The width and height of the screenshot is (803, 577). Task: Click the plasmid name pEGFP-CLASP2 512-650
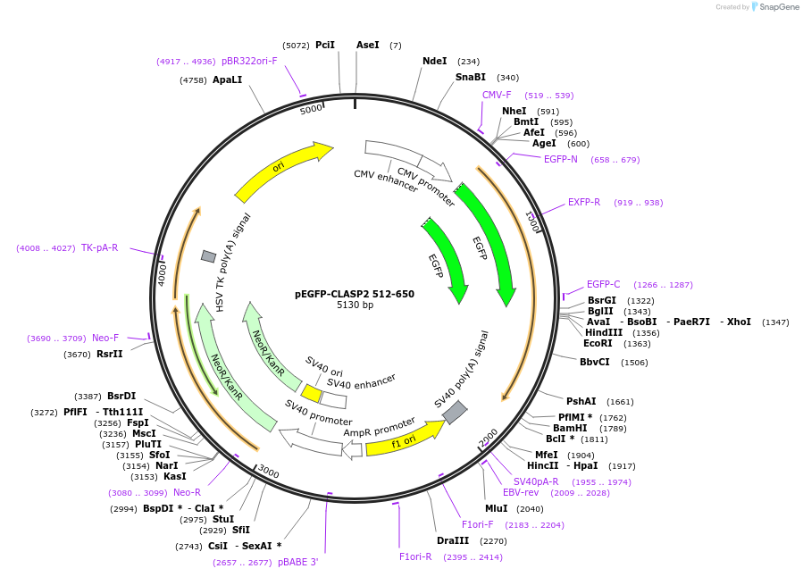coord(354,294)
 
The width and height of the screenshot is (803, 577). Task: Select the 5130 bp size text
coord(354,305)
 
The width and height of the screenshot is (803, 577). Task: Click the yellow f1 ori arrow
coord(404,439)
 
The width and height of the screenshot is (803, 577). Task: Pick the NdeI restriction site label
coord(434,62)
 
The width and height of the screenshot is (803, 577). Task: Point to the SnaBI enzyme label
coord(470,78)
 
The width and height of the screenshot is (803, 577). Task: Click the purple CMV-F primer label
coord(497,96)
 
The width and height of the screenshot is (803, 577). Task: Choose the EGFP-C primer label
coord(603,285)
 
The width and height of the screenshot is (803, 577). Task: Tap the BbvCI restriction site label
coord(594,363)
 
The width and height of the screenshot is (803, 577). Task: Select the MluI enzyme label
coord(496,509)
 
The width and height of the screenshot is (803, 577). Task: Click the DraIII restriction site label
coord(452,541)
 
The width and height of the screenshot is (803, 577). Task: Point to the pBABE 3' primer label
coord(297,563)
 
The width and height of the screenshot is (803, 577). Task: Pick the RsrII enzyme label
coord(110,355)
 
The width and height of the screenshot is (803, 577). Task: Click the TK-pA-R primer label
coord(99,248)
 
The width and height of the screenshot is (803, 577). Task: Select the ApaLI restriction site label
coord(227,80)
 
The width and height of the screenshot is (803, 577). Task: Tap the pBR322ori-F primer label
coord(249,62)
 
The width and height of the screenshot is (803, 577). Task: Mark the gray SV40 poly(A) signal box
coord(455,412)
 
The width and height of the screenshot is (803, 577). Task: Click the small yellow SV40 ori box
coord(312,393)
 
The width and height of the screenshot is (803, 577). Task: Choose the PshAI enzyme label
coord(581,402)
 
